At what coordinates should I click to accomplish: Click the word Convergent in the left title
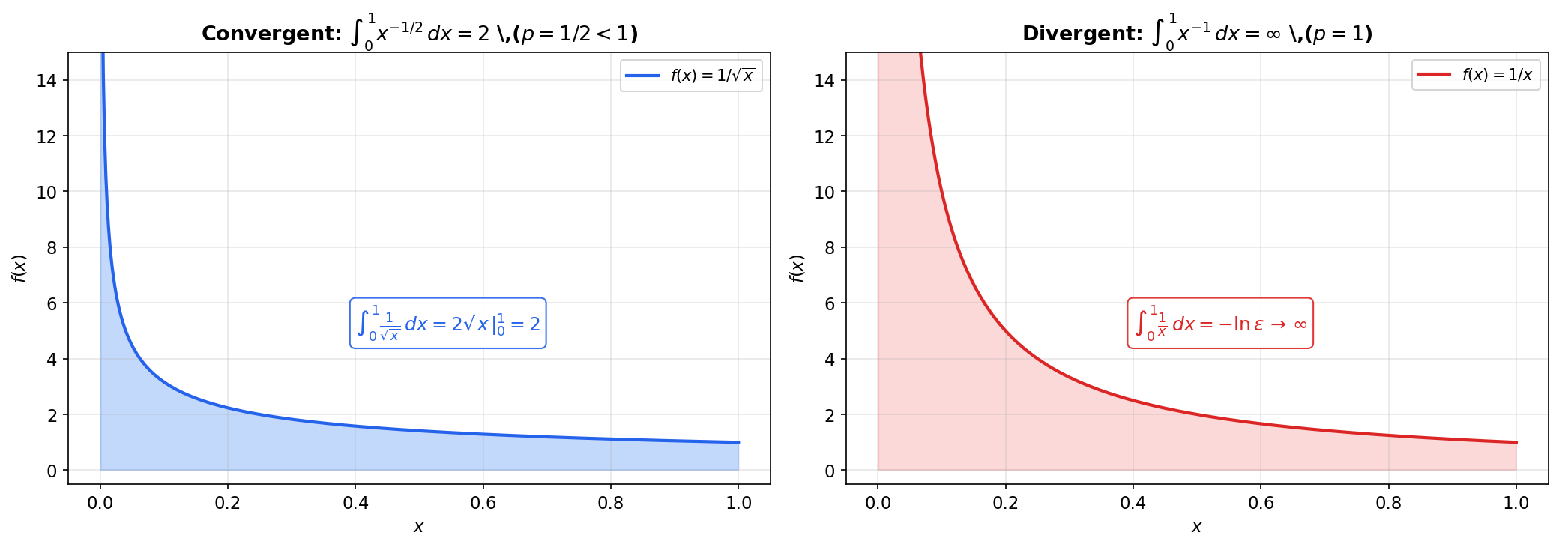[271, 34]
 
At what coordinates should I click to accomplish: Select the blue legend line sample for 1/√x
[642, 76]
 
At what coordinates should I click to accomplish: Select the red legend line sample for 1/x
[1434, 75]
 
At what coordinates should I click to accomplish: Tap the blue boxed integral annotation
[448, 324]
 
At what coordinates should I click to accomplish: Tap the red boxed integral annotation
[1220, 324]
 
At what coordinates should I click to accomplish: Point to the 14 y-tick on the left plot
[46, 80]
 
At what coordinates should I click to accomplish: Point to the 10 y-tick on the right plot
[824, 192]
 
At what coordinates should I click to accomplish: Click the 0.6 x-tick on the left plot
[483, 503]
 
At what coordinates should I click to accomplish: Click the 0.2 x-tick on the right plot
[1005, 503]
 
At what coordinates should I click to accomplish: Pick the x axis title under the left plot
[418, 527]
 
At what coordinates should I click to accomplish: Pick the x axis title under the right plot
[1196, 527]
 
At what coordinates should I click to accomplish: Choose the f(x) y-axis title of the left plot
[19, 268]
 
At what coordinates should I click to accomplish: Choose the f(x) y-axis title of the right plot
[797, 268]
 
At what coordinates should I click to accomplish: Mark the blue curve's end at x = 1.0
[738, 442]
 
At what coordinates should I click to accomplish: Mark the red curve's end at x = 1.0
[1516, 442]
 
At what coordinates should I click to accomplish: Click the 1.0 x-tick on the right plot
[1516, 503]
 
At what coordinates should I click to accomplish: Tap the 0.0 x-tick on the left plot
[100, 503]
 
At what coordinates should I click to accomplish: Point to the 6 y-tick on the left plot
[52, 303]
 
